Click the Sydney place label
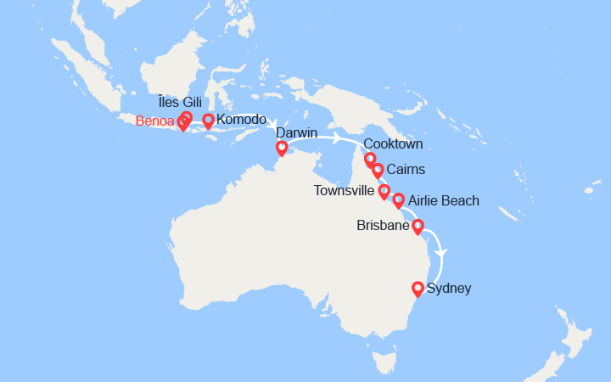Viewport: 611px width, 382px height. coord(450,289)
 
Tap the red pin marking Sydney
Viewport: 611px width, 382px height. coord(418,289)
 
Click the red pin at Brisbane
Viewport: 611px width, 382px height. coord(418,227)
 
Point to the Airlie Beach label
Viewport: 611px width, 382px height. coord(444,201)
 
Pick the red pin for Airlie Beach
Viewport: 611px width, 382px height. coord(398,200)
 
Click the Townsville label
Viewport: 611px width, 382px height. coord(343,191)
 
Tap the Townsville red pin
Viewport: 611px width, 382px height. coord(384,192)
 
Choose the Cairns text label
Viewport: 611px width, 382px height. coord(406,170)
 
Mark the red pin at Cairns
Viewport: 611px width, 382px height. coord(378,170)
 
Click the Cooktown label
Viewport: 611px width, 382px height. coord(393,143)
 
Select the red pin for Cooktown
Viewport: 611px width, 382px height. coord(370,159)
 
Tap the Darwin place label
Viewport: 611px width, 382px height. coord(295,132)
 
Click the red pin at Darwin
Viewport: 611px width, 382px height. coord(282,149)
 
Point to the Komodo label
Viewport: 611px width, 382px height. coord(242,120)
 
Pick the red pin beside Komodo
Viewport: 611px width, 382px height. coord(208,121)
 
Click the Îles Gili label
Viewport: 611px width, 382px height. coord(181,103)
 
